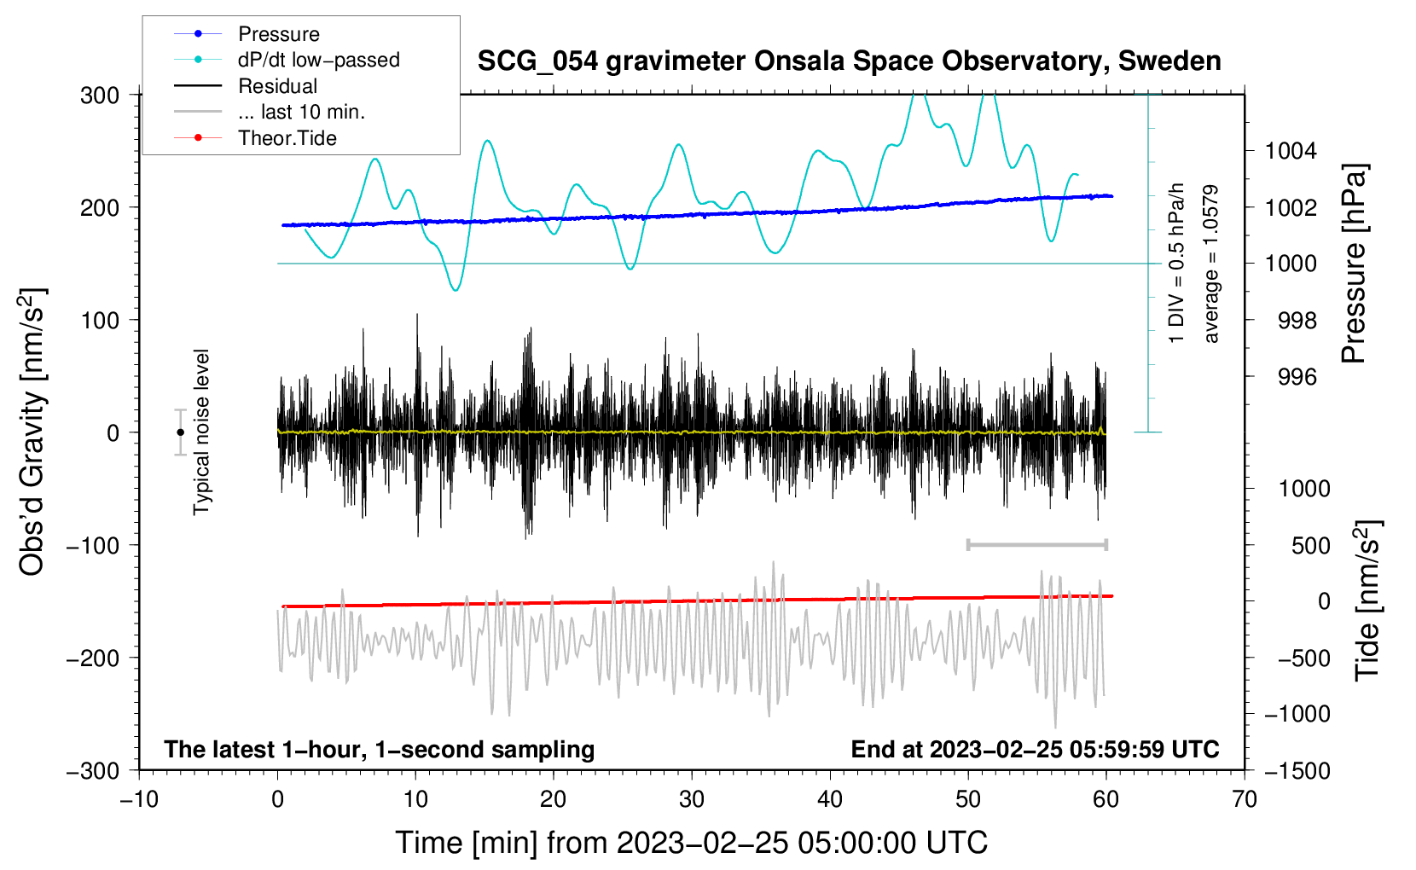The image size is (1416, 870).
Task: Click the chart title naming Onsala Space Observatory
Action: (849, 61)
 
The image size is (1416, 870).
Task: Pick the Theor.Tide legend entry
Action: (287, 138)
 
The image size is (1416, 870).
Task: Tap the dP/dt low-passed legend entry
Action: (318, 60)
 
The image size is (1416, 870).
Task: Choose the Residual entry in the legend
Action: (277, 86)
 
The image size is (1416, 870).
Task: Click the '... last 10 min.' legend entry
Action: (301, 112)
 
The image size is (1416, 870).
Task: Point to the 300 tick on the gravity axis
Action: (99, 95)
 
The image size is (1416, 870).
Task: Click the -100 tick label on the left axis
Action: (93, 545)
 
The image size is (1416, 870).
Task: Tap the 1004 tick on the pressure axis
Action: (1291, 151)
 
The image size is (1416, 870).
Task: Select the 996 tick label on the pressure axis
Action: (1297, 377)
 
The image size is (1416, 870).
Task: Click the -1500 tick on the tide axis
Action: (1297, 771)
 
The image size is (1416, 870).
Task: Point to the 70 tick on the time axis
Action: (1245, 799)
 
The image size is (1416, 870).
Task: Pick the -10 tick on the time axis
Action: (139, 799)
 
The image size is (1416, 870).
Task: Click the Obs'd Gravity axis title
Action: (32, 432)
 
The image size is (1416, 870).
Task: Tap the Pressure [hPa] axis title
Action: (1353, 264)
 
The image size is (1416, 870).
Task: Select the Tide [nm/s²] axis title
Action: (1367, 600)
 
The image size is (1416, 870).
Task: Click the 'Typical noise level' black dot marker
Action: (180, 432)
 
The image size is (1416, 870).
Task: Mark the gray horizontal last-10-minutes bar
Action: (1036, 544)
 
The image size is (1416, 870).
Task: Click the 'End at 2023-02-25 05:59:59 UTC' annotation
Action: (1035, 749)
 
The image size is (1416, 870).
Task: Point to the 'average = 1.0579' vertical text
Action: (1211, 264)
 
